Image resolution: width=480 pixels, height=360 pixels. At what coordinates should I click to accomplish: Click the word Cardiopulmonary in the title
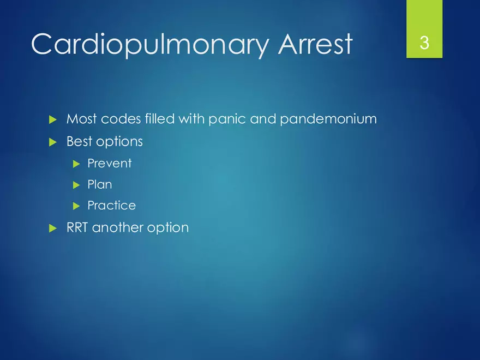pos(149,44)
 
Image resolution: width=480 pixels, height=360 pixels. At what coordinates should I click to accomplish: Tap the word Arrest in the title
pos(315,44)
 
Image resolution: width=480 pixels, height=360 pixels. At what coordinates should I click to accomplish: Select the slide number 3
pos(424,43)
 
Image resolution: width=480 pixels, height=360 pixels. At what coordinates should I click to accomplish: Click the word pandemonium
pos(328,119)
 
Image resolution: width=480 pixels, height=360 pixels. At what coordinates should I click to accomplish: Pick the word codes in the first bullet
pos(121,119)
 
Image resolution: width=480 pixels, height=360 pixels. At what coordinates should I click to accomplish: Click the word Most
pos(82,119)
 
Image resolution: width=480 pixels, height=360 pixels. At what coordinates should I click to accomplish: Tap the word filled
pos(159,118)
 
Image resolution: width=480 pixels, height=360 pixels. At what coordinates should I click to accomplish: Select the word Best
pos(79,141)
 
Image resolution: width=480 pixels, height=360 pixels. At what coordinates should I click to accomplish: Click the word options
pos(119,142)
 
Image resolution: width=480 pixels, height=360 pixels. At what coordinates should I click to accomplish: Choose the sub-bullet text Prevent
pos(110,163)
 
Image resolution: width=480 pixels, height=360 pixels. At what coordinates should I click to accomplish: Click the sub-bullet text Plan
pos(100,184)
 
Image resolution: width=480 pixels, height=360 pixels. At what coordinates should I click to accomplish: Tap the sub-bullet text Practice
pos(112,206)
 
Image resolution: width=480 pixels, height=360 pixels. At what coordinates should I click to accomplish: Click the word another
pos(117,228)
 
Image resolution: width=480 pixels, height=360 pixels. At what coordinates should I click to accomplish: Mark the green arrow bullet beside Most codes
pos(53,119)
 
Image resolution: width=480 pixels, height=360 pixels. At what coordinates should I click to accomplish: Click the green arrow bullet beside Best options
pos(53,142)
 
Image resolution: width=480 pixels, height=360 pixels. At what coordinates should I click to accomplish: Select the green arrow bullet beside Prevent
pos(76,164)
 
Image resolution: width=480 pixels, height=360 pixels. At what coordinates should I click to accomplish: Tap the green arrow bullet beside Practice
pos(76,206)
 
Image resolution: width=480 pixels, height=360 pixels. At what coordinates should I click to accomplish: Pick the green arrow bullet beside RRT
pos(53,229)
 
